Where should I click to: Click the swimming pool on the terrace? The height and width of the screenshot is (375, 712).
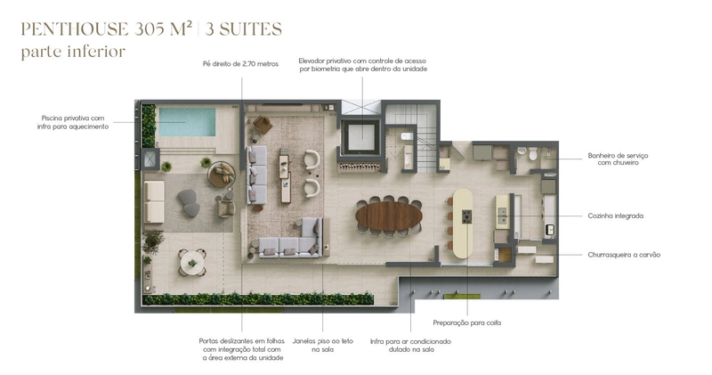187,122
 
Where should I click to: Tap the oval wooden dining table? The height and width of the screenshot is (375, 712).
389,216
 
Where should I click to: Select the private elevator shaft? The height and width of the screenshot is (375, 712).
362,136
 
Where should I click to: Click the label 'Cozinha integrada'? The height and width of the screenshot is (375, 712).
615,216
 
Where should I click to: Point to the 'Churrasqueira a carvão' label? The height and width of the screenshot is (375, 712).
624,255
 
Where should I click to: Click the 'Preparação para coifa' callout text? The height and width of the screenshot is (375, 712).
466,322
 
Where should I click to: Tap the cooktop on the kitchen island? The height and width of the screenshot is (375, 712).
466,216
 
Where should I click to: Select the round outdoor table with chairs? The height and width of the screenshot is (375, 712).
192,263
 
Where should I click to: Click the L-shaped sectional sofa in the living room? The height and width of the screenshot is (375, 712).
290,238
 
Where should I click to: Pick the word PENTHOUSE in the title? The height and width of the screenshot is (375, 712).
75,29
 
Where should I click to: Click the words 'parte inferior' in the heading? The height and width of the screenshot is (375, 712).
73,52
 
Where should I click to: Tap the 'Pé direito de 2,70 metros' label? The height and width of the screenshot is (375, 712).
240,64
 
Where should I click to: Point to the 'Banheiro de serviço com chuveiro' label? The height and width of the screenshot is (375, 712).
618,159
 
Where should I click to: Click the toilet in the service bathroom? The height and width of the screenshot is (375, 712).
532,153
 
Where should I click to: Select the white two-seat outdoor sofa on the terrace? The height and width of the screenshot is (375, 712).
154,201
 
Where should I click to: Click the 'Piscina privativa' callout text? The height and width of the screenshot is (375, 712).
73,122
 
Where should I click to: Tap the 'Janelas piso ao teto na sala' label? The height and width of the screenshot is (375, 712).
323,345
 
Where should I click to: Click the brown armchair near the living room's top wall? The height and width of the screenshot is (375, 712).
263,125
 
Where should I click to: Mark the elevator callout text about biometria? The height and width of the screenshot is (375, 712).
363,64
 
